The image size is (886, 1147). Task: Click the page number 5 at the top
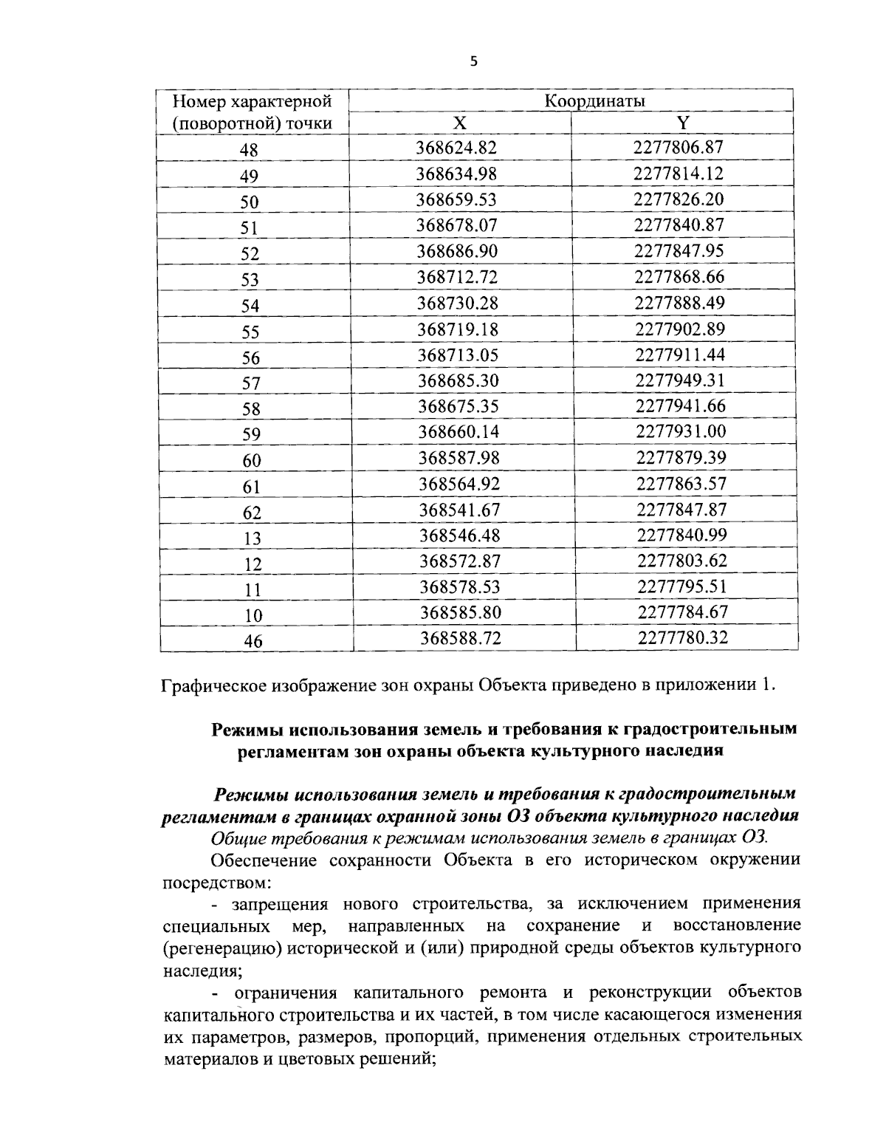pos(473,62)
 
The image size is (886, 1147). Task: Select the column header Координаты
pos(594,100)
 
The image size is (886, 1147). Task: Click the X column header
pos(459,123)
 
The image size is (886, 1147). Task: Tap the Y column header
pos(682,123)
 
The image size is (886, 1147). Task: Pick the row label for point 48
pos(250,150)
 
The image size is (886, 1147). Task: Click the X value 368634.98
pos(456,174)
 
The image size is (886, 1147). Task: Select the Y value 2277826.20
pos(679,199)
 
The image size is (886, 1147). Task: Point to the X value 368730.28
pos(458,303)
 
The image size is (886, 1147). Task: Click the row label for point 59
pos(252,435)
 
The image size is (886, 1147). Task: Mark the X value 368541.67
pos(459,510)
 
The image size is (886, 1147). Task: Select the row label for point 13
pos(253,538)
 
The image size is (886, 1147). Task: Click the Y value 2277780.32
pos(683,637)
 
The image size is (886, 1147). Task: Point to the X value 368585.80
pos(461,612)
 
